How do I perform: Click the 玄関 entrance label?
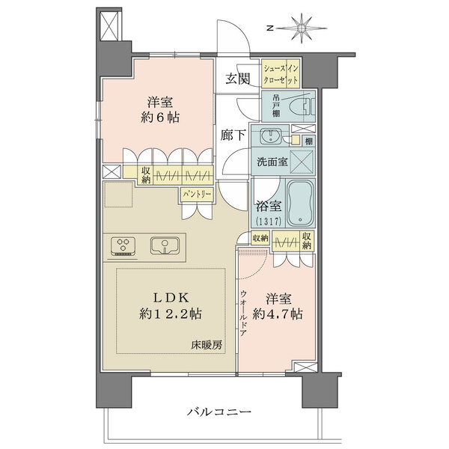[238, 79]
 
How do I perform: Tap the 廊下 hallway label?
[233, 135]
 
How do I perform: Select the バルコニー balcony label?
[219, 412]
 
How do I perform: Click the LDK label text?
[171, 298]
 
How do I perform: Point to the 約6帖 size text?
[160, 117]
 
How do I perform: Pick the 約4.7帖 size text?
[278, 314]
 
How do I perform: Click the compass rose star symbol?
[302, 28]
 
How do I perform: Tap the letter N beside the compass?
[269, 28]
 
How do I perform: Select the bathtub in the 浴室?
[300, 203]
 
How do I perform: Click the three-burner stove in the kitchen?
[123, 246]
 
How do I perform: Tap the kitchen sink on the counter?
[165, 245]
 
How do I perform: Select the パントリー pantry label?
[197, 195]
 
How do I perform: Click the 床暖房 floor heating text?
[207, 346]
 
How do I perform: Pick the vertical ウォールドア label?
[243, 314]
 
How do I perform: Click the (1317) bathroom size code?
[268, 222]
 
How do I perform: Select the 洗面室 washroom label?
[272, 162]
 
